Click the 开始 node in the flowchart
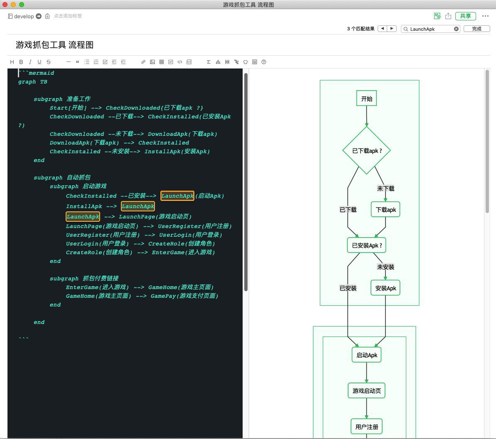click(x=366, y=98)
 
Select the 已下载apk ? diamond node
click(x=367, y=150)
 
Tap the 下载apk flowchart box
click(x=385, y=209)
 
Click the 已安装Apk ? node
click(x=367, y=245)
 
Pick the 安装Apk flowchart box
click(x=385, y=288)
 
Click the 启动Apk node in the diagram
click(x=367, y=355)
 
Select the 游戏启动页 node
click(x=367, y=390)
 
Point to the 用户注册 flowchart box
click(x=367, y=427)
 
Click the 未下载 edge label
click(x=386, y=189)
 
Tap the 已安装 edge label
click(x=348, y=288)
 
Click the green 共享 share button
click(x=465, y=16)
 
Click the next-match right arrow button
click(x=392, y=29)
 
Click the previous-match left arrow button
click(x=383, y=29)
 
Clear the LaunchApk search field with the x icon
click(x=456, y=29)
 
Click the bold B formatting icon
click(x=21, y=62)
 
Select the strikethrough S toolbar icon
click(x=49, y=62)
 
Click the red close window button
click(x=5, y=5)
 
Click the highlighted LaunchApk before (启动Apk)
click(x=177, y=196)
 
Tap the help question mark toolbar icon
click(x=264, y=62)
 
